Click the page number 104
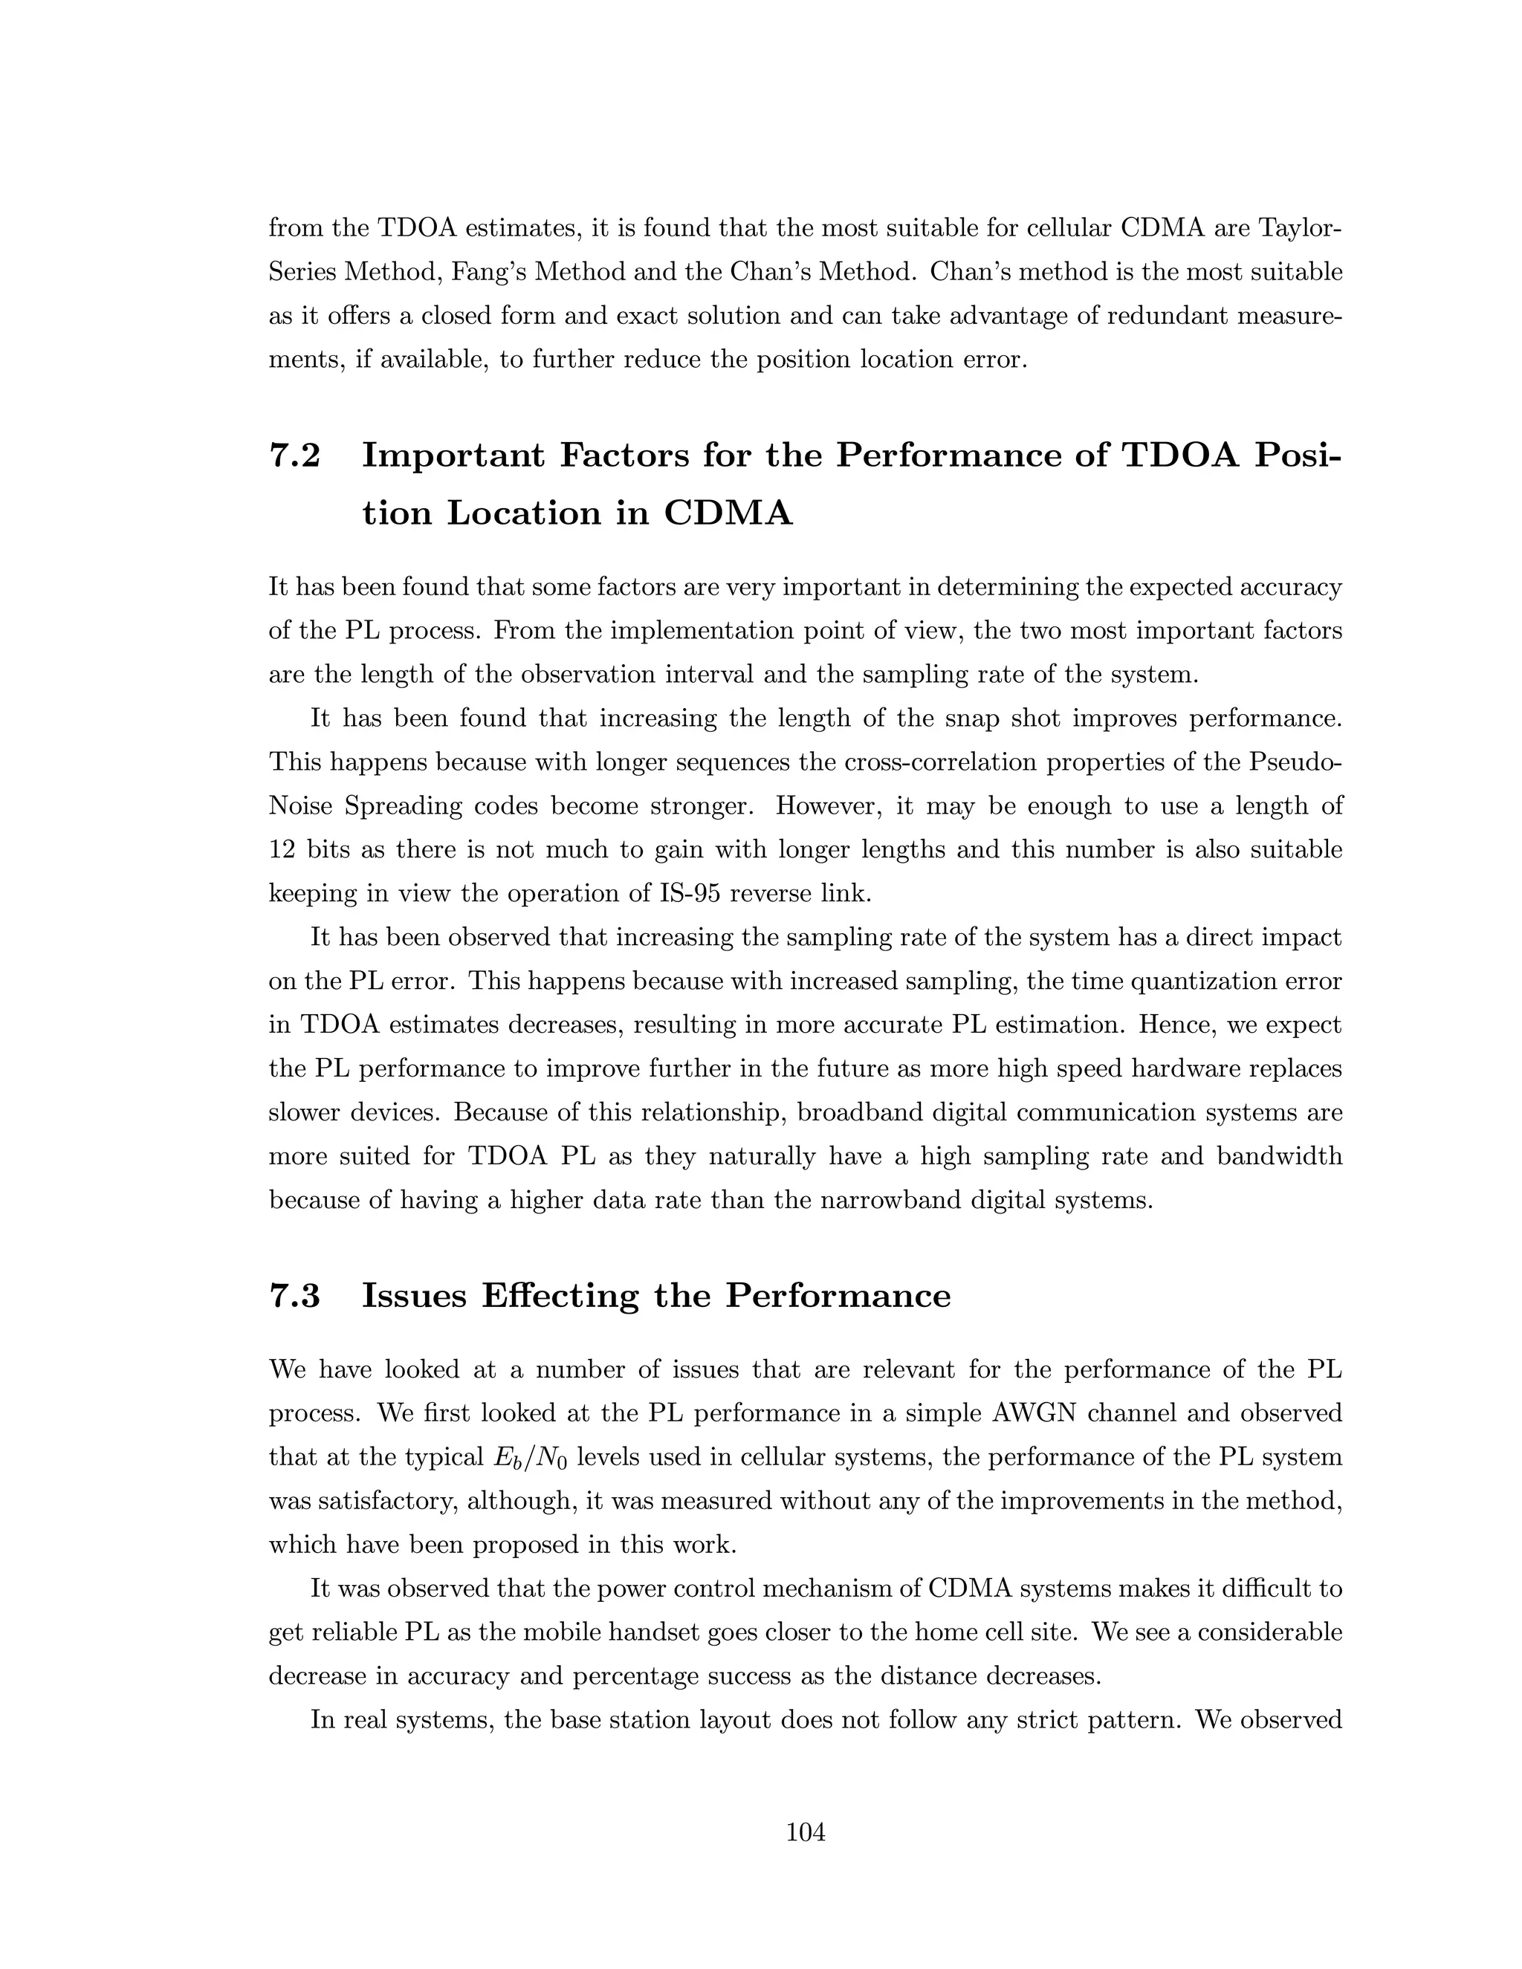pyautogui.click(x=805, y=1832)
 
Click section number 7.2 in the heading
pyautogui.click(x=295, y=455)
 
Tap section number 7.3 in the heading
pyautogui.click(x=295, y=1296)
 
